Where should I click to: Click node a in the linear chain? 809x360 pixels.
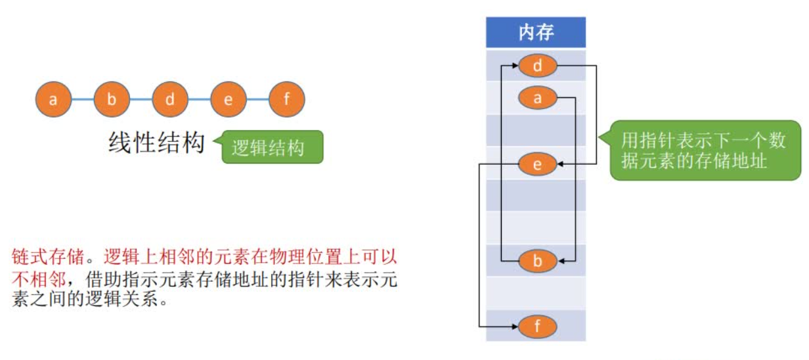53,100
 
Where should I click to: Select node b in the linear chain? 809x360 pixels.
112,100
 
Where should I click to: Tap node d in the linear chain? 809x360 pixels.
170,100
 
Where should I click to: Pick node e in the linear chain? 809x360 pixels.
228,100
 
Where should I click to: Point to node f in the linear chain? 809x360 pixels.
286,100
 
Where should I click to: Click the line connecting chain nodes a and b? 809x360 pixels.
82,100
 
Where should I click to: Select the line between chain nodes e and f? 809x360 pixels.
257,100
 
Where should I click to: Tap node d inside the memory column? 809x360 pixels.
537,66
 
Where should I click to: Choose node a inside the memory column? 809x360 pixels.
537,99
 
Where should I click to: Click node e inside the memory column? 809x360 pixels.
537,164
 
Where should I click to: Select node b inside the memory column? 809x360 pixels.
537,261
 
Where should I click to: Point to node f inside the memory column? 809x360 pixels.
537,326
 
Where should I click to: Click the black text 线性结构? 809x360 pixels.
156,143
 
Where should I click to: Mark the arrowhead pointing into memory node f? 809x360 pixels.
514,326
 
